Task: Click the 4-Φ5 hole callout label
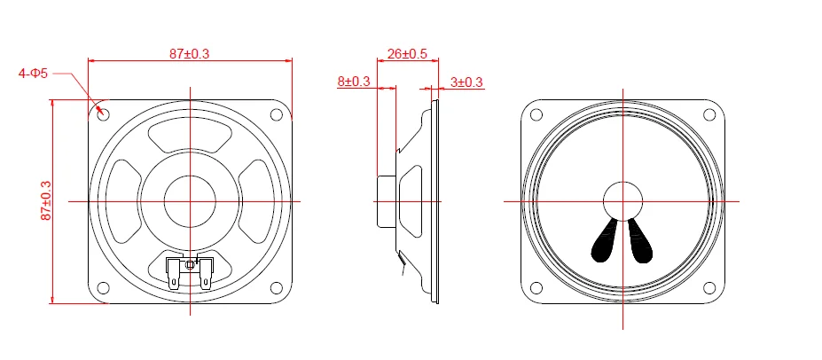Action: click(33, 74)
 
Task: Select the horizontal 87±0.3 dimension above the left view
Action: click(190, 53)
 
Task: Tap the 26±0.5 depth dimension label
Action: click(407, 54)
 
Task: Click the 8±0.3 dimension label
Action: click(354, 82)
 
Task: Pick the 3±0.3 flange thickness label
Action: click(466, 82)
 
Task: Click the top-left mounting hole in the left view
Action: click(103, 114)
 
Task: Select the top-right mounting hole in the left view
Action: click(277, 114)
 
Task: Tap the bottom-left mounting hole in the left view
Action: click(103, 288)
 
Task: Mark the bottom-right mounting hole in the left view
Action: click(277, 288)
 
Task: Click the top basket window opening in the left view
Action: click(190, 137)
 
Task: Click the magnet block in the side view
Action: click(387, 201)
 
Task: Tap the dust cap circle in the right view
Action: click(622, 200)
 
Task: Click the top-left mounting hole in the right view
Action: click(536, 114)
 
